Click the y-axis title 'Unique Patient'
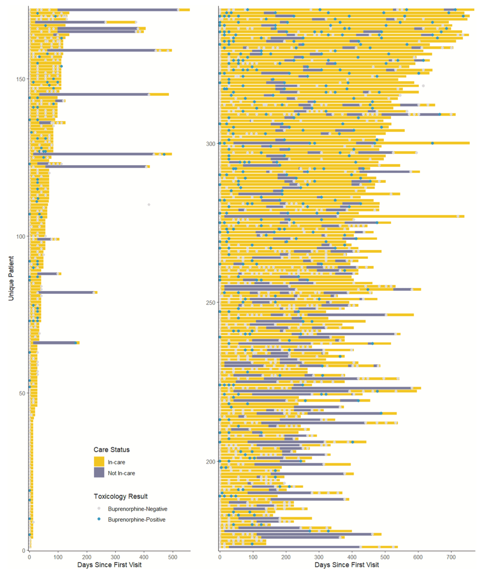coord(11,278)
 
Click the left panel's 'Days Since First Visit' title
coord(109,564)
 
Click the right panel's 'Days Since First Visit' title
coord(346,564)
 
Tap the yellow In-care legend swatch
coord(99,462)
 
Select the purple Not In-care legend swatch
coord(99,473)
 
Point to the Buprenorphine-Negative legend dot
coord(99,508)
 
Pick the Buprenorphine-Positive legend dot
coord(99,519)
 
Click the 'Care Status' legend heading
coord(111,449)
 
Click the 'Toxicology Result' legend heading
coord(120,496)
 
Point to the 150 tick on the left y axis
coord(21,79)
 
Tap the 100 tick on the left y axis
coord(21,236)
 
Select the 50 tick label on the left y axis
coord(22,393)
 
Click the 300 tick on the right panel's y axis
coord(211,144)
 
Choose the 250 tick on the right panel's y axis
coord(211,302)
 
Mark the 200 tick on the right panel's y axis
coord(211,461)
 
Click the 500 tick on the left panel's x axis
coord(172,557)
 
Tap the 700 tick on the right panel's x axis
coord(451,557)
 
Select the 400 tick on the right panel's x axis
coord(352,557)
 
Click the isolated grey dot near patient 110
coord(149,204)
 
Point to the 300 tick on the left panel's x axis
coord(115,557)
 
